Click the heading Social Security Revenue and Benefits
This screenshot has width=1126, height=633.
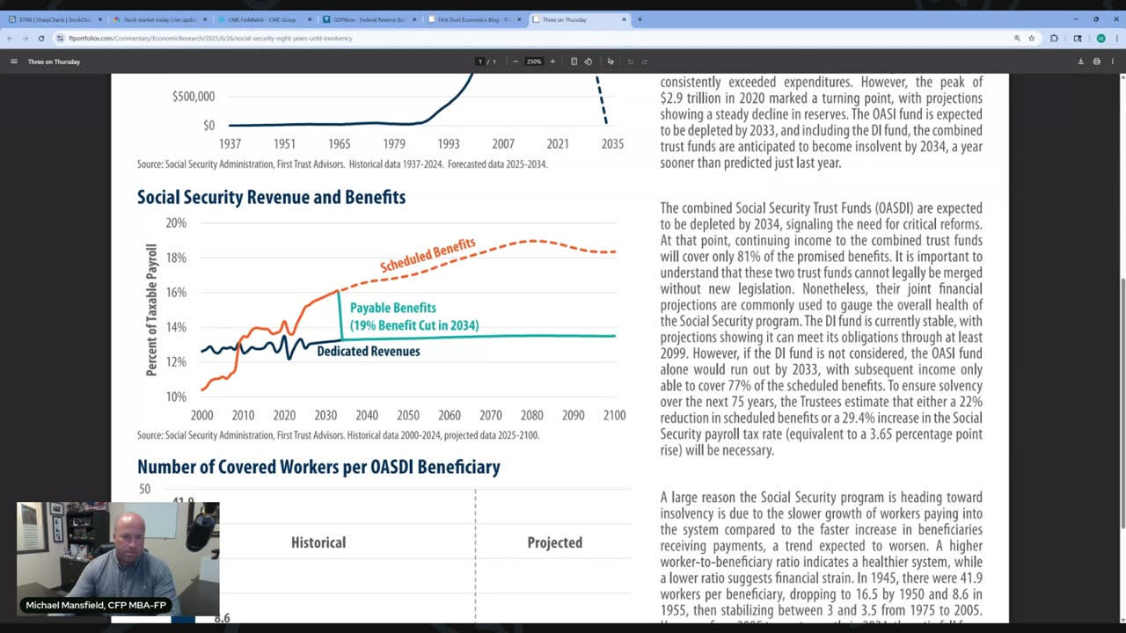click(271, 197)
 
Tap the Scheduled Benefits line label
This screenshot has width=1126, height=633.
click(428, 255)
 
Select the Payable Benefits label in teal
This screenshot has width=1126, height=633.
click(393, 308)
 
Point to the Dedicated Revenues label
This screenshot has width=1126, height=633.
click(368, 351)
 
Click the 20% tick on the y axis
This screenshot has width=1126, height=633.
click(176, 223)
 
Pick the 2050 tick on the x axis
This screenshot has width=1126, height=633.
click(408, 415)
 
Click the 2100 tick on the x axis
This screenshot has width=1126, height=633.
click(614, 415)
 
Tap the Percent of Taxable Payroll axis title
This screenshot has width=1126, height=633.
click(151, 309)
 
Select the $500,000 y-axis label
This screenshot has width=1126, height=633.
click(193, 96)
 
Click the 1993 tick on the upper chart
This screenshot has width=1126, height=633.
click(448, 143)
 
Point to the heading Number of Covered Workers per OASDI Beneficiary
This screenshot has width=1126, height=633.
click(318, 467)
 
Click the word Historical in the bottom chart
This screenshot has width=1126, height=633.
click(318, 542)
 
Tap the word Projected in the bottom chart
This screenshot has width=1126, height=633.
click(554, 542)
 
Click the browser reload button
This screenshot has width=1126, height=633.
click(40, 38)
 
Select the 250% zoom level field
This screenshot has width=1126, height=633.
click(534, 62)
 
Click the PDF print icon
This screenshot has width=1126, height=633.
click(1096, 62)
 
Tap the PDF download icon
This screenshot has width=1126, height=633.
click(1080, 62)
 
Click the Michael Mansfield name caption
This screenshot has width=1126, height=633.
click(96, 605)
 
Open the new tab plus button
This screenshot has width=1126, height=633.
click(640, 19)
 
